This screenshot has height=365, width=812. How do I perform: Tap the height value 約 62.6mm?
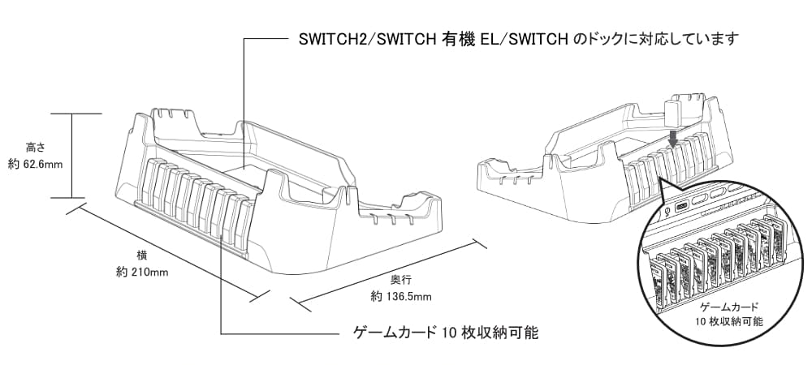click(x=35, y=164)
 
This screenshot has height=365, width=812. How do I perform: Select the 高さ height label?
click(x=35, y=148)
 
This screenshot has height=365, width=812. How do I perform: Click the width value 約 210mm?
click(x=142, y=272)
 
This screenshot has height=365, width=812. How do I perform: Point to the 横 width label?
click(x=142, y=255)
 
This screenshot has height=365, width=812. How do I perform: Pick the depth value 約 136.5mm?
click(x=401, y=296)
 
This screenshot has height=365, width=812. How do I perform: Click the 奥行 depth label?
click(x=401, y=280)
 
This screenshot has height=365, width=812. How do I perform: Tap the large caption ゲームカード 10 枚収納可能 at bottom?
click(x=445, y=332)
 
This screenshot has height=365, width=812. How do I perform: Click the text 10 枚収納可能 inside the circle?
click(x=729, y=321)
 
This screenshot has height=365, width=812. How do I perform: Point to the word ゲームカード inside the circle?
click(x=729, y=307)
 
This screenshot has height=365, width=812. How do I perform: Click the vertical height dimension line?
click(x=71, y=155)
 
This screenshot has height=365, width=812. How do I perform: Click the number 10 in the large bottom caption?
click(x=449, y=333)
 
